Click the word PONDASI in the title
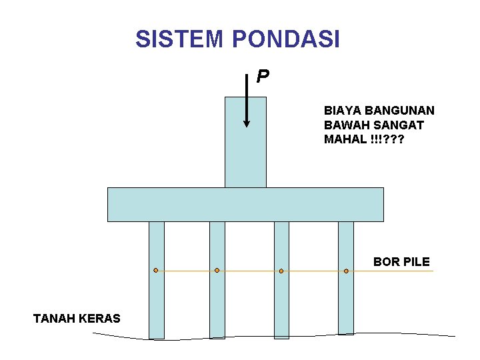click(x=286, y=39)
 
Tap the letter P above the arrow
click(x=263, y=77)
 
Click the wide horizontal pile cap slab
click(x=245, y=204)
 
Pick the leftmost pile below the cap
click(x=157, y=300)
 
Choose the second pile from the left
click(x=217, y=300)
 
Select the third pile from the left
click(x=281, y=300)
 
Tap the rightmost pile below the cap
click(x=346, y=300)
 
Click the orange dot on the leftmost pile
click(x=155, y=271)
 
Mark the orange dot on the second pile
click(x=217, y=271)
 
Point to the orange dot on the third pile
click(x=281, y=271)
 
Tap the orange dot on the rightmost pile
click(x=346, y=271)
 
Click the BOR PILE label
click(x=401, y=262)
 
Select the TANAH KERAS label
click(x=77, y=319)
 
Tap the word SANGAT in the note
click(x=401, y=125)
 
